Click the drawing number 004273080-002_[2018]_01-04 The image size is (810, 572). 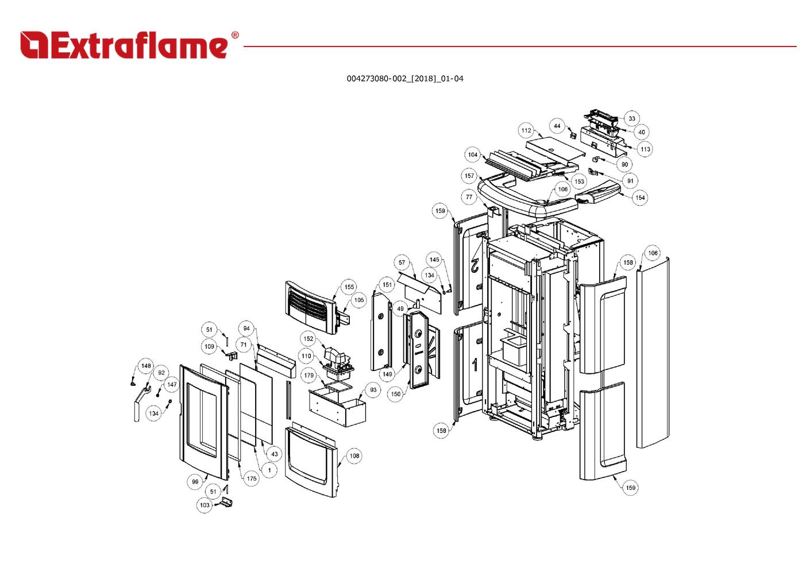pyautogui.click(x=404, y=79)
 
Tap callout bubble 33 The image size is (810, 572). pyautogui.click(x=631, y=119)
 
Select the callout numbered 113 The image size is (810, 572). pyautogui.click(x=645, y=149)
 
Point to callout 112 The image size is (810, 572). pyautogui.click(x=526, y=130)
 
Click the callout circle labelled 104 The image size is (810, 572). pyautogui.click(x=472, y=154)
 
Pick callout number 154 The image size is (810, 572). pyautogui.click(x=640, y=198)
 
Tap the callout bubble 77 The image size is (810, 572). pyautogui.click(x=469, y=197)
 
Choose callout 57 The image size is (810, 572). pyautogui.click(x=402, y=262)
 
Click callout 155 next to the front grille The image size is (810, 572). pyautogui.click(x=349, y=287)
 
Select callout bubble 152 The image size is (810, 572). pyautogui.click(x=308, y=339)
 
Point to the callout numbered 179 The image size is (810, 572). pyautogui.click(x=309, y=376)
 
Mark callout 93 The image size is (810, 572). pyautogui.click(x=373, y=390)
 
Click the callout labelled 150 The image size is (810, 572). pyautogui.click(x=396, y=394)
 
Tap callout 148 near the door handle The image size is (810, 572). pyautogui.click(x=146, y=366)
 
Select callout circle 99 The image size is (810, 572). pyautogui.click(x=195, y=482)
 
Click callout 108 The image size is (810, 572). pyautogui.click(x=354, y=456)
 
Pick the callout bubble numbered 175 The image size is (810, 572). pyautogui.click(x=251, y=478)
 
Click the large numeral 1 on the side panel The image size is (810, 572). pyautogui.click(x=475, y=364)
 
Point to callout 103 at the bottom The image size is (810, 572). pyautogui.click(x=205, y=505)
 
